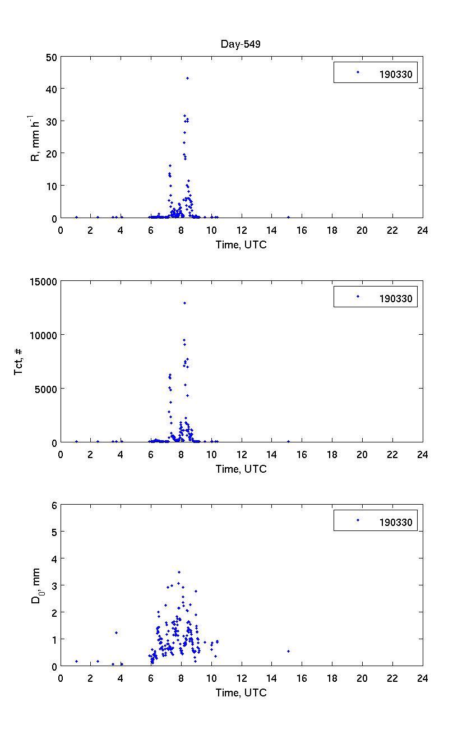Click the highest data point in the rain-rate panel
[x=187, y=78]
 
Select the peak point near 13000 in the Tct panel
[x=184, y=303]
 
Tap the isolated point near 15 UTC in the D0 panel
[x=288, y=651]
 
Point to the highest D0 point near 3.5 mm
[x=179, y=572]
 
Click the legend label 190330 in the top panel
[x=395, y=73]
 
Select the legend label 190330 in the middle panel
[x=395, y=298]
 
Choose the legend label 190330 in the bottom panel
[x=395, y=522]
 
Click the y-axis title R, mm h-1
[x=35, y=137]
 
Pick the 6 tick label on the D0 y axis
[x=54, y=505]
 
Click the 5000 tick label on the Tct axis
[x=45, y=389]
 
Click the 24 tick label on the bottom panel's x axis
[x=422, y=677]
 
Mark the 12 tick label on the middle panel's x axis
[x=242, y=454]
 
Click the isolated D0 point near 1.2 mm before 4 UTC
[x=116, y=632]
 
